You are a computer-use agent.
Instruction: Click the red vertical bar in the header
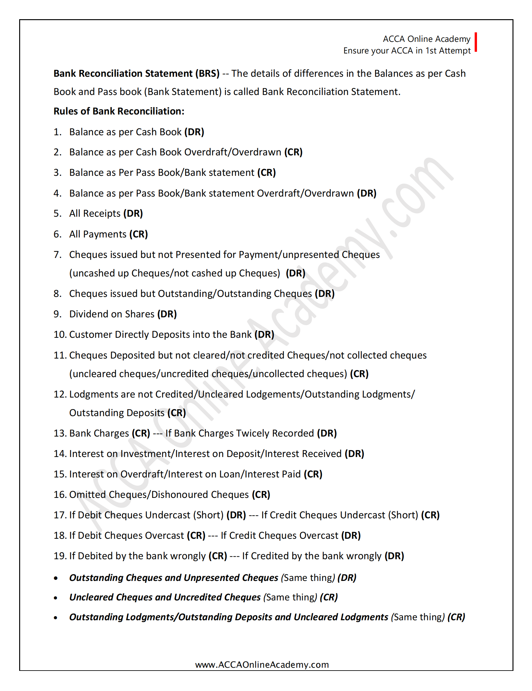(475, 42)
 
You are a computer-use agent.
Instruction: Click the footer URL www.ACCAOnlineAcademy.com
(262, 664)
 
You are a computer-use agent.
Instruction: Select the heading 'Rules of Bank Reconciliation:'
(119, 111)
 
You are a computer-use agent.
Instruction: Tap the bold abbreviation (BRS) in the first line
(207, 73)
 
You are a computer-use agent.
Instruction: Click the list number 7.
(57, 254)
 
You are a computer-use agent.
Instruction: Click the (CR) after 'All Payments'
(139, 234)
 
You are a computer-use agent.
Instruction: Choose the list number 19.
(59, 556)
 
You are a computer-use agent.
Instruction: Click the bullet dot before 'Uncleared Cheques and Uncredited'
(56, 598)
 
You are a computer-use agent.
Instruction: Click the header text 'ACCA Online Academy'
(426, 39)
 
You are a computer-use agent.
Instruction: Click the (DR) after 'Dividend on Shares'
(167, 314)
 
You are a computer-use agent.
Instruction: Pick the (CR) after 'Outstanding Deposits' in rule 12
(176, 413)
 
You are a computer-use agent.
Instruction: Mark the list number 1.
(57, 132)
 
